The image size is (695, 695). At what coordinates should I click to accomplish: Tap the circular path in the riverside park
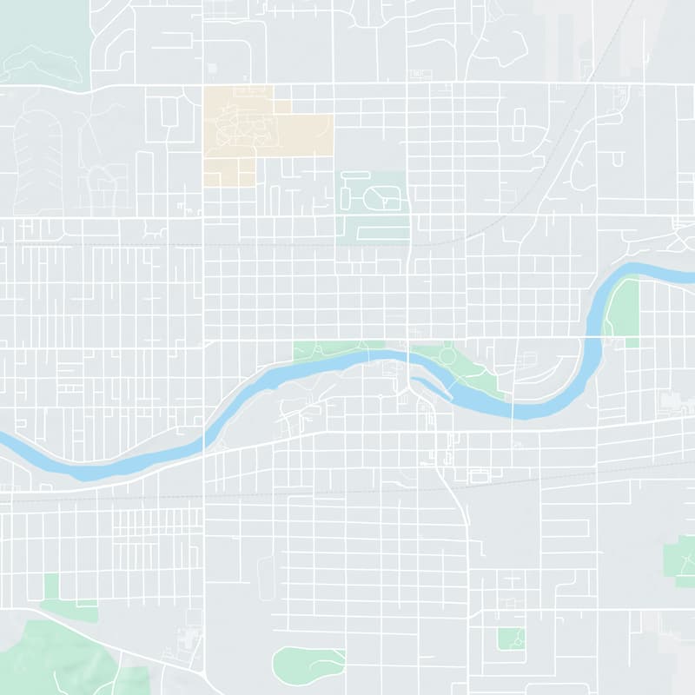pyautogui.click(x=447, y=355)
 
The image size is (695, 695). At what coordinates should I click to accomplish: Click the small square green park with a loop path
pyautogui.click(x=511, y=639)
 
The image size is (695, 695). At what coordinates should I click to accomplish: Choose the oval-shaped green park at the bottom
pyautogui.click(x=308, y=665)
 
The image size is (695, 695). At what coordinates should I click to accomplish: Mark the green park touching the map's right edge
pyautogui.click(x=679, y=560)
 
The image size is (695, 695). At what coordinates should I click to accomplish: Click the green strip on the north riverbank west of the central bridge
pyautogui.click(x=334, y=350)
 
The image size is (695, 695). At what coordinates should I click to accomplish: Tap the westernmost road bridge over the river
pyautogui.click(x=204, y=432)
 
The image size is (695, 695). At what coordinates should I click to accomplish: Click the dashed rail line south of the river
pyautogui.click(x=347, y=493)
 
